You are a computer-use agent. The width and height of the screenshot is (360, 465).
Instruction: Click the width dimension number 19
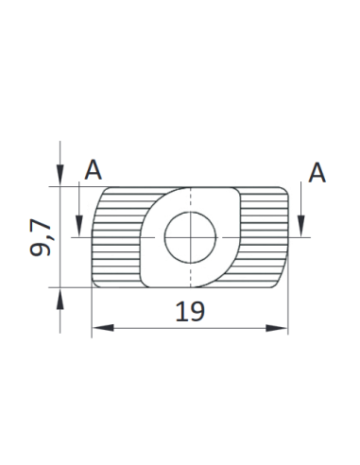point(190,311)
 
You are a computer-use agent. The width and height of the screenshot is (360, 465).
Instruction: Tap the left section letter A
point(93,170)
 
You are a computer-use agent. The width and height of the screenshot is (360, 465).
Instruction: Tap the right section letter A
point(317,172)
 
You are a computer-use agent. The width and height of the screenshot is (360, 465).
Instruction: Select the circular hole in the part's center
point(190,236)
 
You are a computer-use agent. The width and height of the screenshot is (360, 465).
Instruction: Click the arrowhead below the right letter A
point(301,226)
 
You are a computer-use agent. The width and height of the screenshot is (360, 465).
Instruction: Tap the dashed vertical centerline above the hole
point(190,198)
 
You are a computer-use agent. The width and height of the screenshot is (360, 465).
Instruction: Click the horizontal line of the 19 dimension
point(151,328)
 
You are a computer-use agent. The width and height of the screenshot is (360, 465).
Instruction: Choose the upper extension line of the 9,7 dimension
point(76,187)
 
